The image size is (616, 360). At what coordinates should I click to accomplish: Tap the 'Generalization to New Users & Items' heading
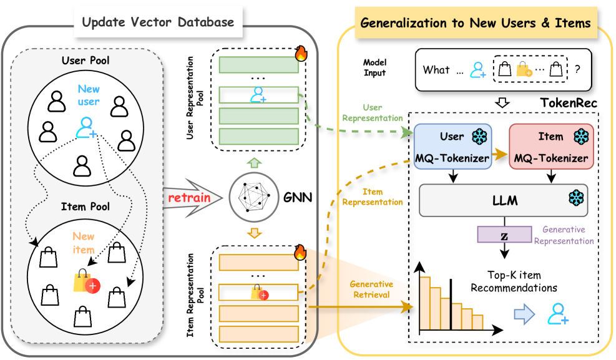point(476,23)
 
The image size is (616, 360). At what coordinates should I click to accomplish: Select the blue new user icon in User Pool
point(86,127)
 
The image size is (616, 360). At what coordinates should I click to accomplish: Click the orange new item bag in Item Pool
point(86,282)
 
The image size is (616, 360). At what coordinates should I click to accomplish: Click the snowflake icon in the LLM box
point(575,199)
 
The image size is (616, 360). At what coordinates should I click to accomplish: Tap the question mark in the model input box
point(577,70)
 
